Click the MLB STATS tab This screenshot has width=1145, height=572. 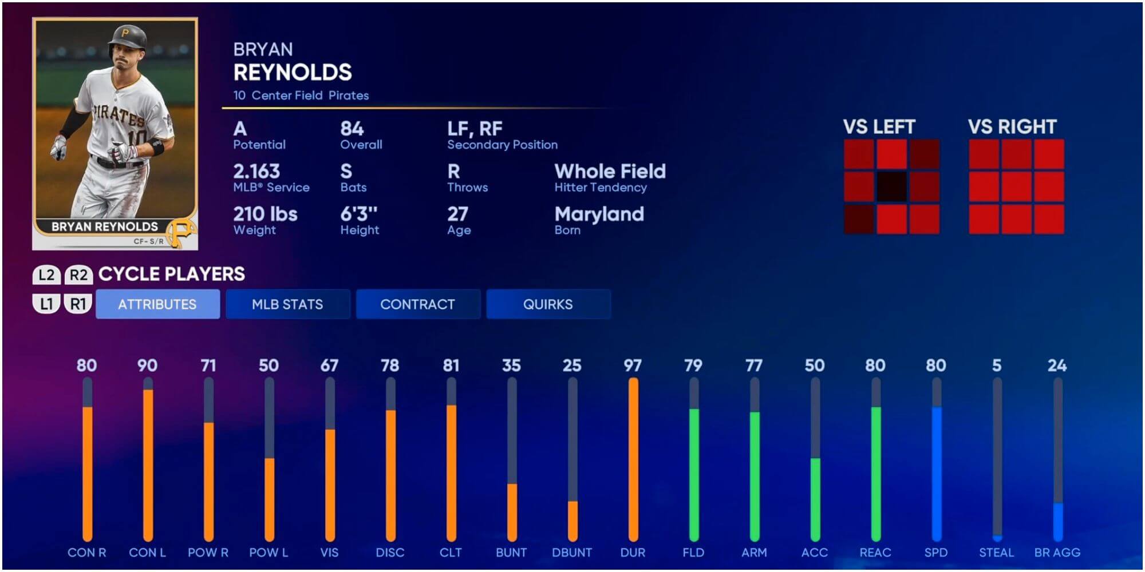coord(287,304)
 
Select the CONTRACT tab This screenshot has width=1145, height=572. coord(417,304)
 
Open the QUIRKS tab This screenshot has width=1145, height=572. coord(548,304)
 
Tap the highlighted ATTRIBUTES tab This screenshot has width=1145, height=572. coord(157,304)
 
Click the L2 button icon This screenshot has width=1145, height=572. coord(46,275)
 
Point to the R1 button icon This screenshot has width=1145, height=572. coord(78,304)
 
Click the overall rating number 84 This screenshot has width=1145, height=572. coord(352,129)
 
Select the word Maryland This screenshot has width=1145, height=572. coord(599,214)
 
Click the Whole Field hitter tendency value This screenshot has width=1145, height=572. coord(610,171)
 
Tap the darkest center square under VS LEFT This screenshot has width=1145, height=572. coord(891,186)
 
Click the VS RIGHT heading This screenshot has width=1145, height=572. coord(1012,126)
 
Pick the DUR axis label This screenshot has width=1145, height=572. coord(633,553)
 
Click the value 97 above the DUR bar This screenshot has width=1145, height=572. coord(633,366)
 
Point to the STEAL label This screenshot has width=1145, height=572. coord(996,553)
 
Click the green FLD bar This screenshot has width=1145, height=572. coord(694,475)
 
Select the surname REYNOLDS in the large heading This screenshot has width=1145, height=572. coord(293,73)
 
